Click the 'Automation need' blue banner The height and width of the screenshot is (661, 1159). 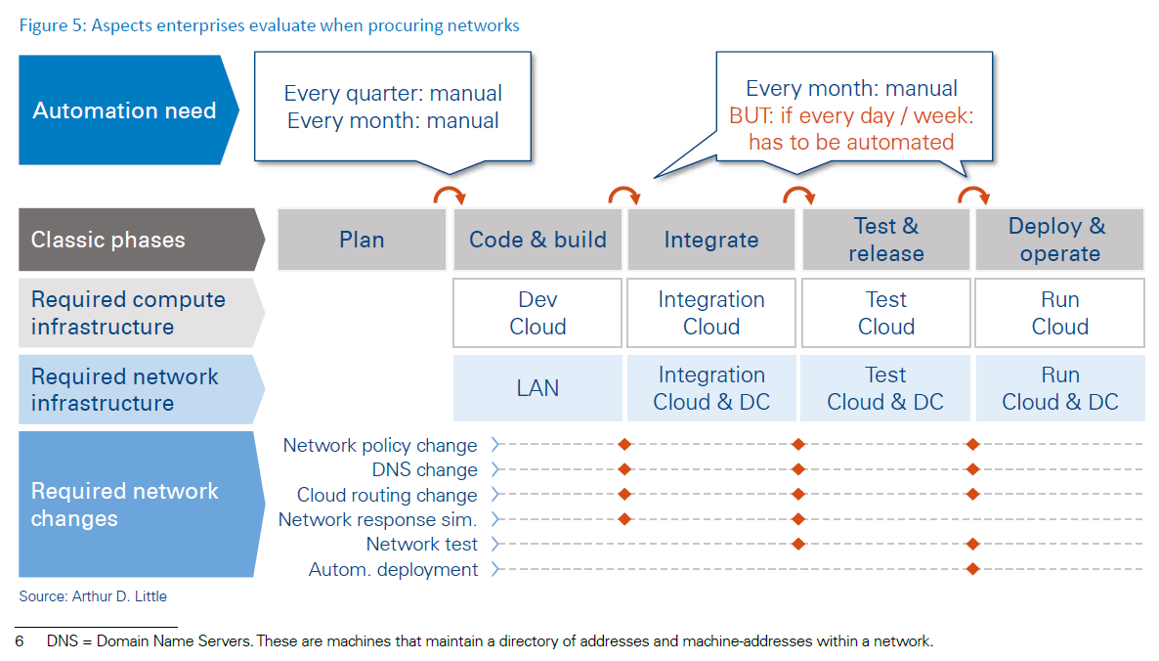point(125,110)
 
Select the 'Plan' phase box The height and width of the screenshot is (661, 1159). point(362,240)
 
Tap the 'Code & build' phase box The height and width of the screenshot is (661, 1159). point(537,240)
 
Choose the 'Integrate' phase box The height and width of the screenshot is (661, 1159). point(711,240)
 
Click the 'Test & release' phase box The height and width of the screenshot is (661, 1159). point(885,240)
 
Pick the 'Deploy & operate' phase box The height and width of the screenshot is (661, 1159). point(1059,240)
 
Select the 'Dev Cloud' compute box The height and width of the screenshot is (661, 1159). point(537,313)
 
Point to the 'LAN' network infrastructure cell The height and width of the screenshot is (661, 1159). point(537,388)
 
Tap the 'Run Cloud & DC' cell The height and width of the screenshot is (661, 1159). point(1059,388)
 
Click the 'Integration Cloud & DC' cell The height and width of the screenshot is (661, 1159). point(711,388)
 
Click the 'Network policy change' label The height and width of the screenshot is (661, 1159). point(380,445)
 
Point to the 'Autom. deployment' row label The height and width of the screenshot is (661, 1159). point(394,569)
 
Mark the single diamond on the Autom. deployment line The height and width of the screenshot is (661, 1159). point(972,569)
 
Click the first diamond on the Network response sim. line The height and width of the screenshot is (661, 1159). point(624,519)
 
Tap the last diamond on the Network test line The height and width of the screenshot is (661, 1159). point(972,544)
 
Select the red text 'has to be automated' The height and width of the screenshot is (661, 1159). point(851,142)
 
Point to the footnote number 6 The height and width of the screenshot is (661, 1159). point(20,641)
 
